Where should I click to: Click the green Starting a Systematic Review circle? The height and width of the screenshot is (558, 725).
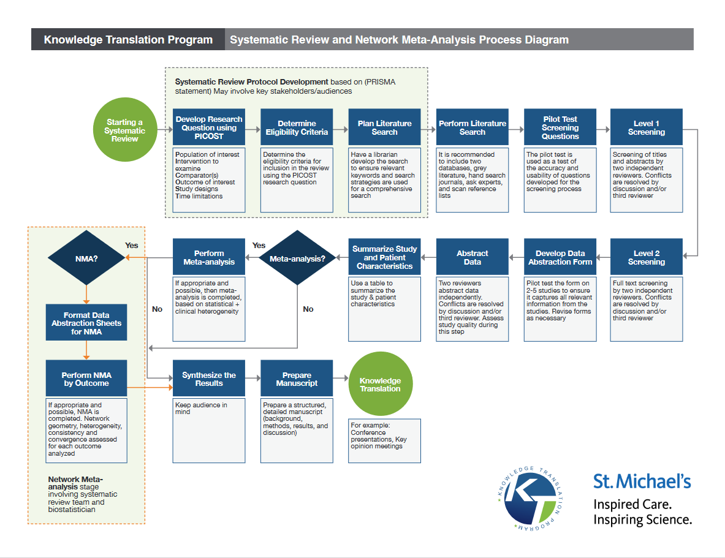(124, 130)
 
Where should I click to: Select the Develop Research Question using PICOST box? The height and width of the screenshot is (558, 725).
(209, 127)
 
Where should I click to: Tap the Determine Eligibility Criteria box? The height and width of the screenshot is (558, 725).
(297, 127)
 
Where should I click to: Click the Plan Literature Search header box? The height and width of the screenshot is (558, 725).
(385, 127)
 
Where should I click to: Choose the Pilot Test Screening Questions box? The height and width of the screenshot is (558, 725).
(560, 127)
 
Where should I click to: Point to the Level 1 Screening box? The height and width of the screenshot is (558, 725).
(646, 127)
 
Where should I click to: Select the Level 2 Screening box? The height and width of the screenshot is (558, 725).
(646, 257)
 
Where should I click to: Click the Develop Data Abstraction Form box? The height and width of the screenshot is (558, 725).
(560, 257)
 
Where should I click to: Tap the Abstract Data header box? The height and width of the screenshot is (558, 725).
(473, 257)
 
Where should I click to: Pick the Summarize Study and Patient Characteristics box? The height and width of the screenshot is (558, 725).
(385, 257)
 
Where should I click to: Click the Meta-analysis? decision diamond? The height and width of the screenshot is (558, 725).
(297, 258)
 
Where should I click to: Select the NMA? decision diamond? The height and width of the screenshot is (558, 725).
(86, 258)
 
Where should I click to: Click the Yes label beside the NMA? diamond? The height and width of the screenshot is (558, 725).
(132, 245)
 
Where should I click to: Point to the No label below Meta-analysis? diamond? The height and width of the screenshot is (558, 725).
(308, 309)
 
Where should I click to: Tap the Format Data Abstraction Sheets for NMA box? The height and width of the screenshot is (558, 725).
(86, 323)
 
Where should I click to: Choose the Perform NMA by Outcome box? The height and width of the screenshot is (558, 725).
(86, 379)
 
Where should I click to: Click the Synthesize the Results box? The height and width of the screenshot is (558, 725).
(209, 379)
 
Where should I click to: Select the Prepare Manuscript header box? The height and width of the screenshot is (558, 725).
(297, 379)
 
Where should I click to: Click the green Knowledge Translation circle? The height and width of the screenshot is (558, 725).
(380, 385)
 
